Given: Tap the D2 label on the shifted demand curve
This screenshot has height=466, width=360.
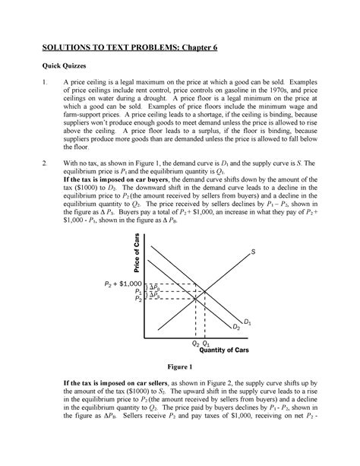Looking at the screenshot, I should coord(236,327).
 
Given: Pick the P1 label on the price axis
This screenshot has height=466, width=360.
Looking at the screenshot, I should coord(137,290).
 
